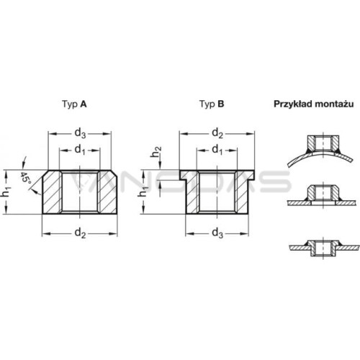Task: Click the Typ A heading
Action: (74, 104)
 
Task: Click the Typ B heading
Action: (212, 104)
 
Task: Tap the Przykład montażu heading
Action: (314, 104)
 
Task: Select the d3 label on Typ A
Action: (80, 133)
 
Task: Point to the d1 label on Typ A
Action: (80, 150)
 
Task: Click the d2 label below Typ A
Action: (80, 233)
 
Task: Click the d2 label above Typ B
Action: (217, 133)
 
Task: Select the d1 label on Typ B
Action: (217, 150)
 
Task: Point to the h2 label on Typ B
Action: (156, 152)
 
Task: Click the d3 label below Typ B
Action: (217, 233)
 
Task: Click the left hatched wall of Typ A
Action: (52, 192)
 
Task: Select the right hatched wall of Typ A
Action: (107, 192)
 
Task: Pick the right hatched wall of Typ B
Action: (241, 192)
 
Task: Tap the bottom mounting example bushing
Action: (323, 248)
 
